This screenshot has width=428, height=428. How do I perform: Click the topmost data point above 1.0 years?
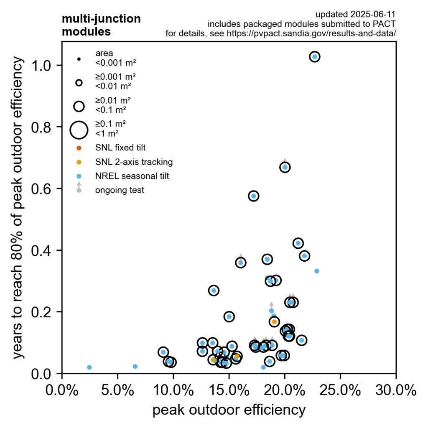pyautogui.click(x=315, y=56)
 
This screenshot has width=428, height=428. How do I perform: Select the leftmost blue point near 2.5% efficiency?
pyautogui.click(x=89, y=367)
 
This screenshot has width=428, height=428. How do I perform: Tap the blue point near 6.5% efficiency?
pyautogui.click(x=135, y=367)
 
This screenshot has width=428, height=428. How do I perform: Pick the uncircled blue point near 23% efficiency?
pyautogui.click(x=317, y=271)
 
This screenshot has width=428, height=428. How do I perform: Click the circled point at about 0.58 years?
pyautogui.click(x=253, y=196)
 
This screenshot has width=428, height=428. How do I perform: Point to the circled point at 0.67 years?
pyautogui.click(x=285, y=167)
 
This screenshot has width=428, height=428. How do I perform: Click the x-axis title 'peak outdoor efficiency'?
pyautogui.click(x=229, y=410)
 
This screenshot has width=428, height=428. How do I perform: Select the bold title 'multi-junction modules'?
pyautogui.click(x=101, y=25)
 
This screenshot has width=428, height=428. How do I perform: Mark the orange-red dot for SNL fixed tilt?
pyautogui.click(x=79, y=148)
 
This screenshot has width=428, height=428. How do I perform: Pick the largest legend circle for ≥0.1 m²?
pyautogui.click(x=79, y=130)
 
